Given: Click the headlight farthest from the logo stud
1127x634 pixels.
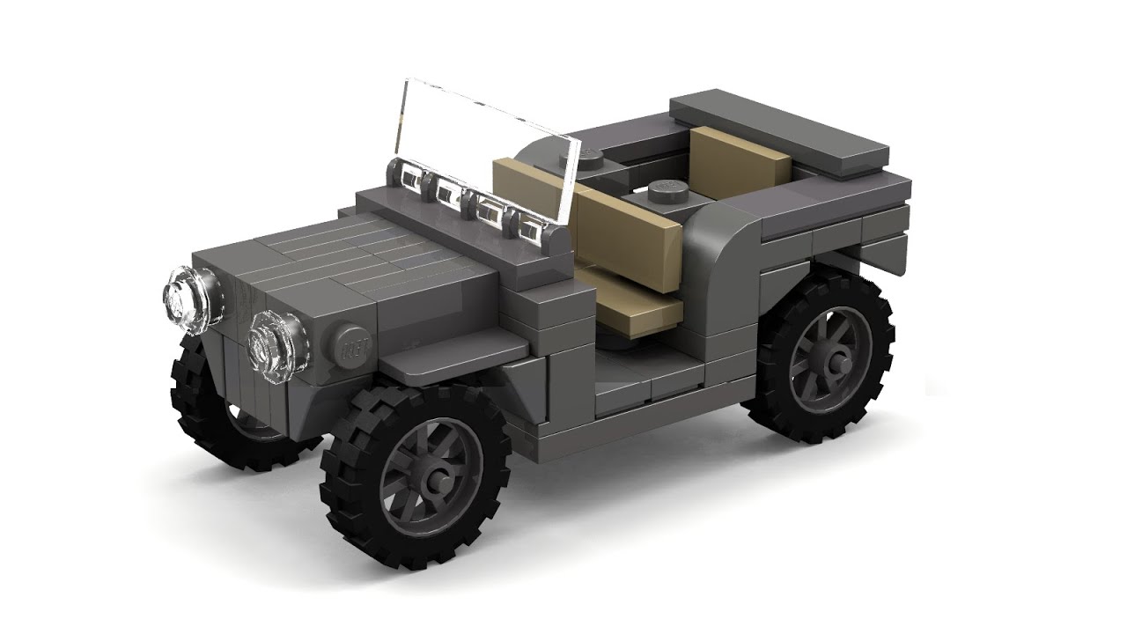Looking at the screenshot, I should point(188,299).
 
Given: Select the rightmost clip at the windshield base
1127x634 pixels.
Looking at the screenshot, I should point(531,230).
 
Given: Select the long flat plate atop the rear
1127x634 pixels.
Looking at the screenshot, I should point(778,133).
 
